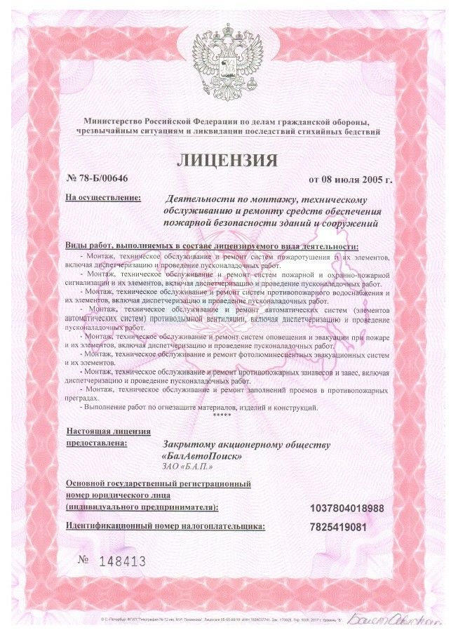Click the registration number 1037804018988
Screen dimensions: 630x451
(x=346, y=507)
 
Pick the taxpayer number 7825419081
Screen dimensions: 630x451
(x=338, y=526)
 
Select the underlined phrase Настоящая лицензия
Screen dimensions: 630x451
(x=109, y=431)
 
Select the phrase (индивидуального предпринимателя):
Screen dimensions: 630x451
(x=141, y=507)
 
